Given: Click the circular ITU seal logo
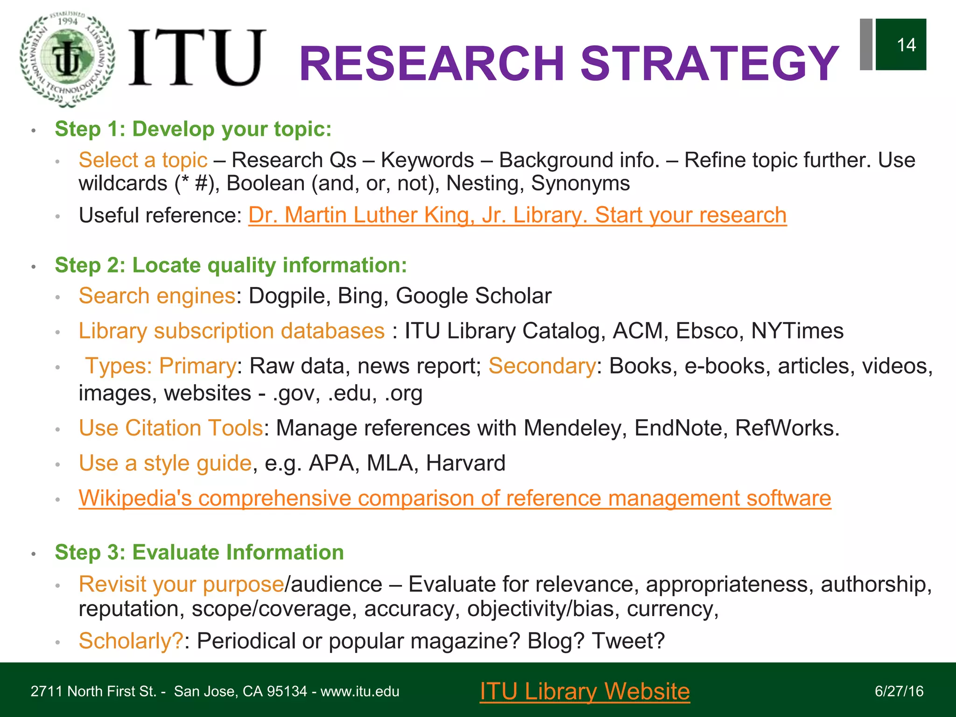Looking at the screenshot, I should (68, 58).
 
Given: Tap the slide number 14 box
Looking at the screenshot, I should (900, 45).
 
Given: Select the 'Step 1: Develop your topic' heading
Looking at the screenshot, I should (193, 129).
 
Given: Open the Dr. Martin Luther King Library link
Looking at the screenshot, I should (517, 215).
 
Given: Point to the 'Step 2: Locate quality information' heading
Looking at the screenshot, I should (231, 265).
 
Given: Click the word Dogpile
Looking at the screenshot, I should (286, 296).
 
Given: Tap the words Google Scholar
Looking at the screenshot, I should (473, 296).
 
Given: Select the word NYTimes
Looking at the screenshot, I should (797, 331).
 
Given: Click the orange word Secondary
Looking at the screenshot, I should (542, 366).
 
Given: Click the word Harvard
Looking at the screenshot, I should (465, 463).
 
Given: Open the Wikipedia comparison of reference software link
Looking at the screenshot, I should (455, 498).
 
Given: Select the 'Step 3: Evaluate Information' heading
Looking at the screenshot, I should (199, 552).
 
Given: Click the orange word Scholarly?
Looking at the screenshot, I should (131, 640).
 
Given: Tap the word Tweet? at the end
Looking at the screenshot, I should (628, 640).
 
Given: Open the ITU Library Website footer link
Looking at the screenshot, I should (584, 691).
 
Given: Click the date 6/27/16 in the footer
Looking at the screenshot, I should (899, 691).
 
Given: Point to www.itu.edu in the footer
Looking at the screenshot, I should (359, 691).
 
